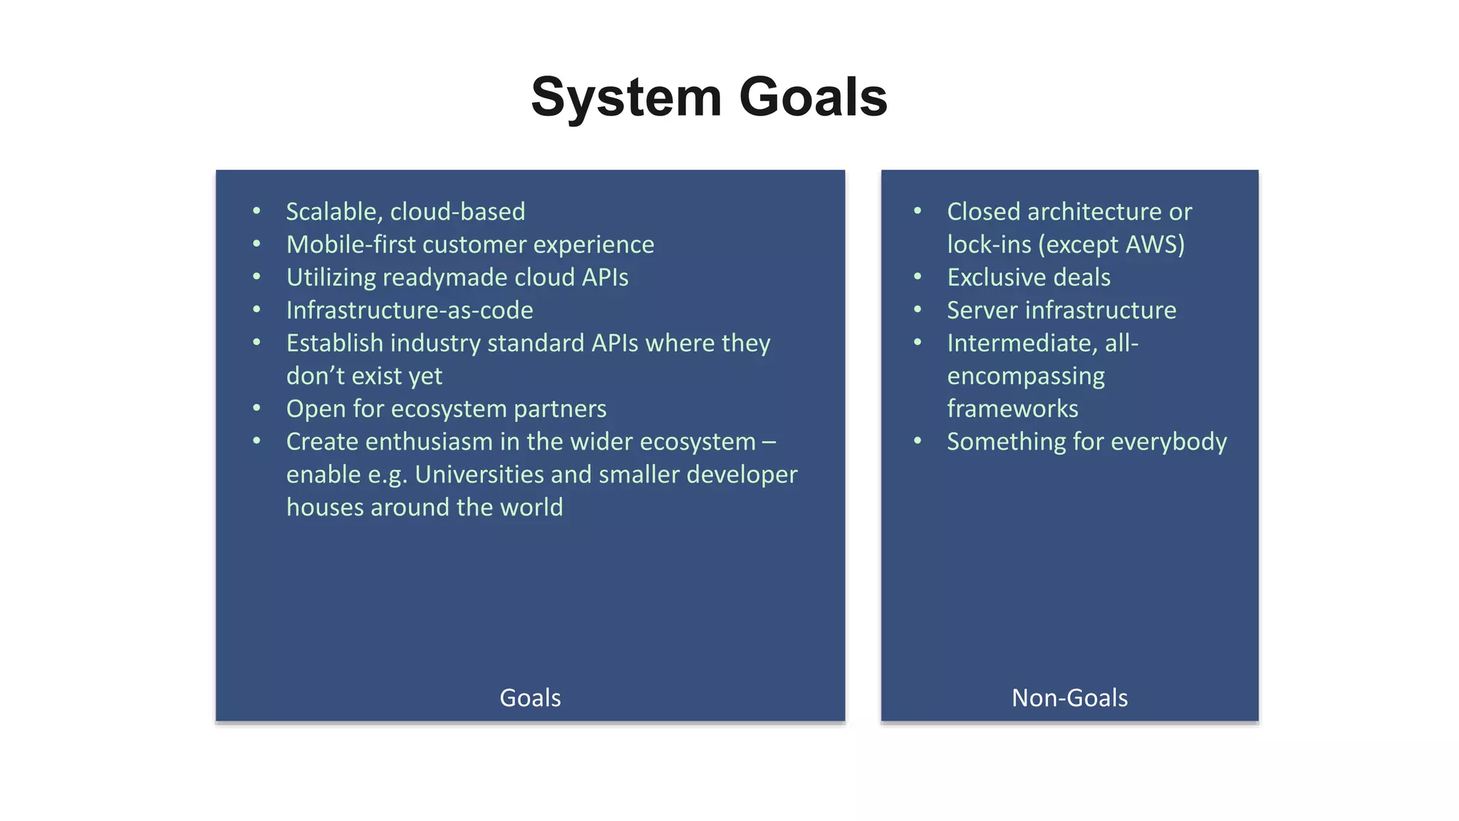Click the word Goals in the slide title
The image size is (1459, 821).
point(813,98)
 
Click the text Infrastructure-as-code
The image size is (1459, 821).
point(410,310)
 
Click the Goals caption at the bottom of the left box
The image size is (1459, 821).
point(530,698)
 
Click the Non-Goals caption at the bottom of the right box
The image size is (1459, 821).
point(1069,698)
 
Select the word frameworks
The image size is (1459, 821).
point(1012,409)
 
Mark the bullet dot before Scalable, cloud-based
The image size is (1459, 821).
point(256,211)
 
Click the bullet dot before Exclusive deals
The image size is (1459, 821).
point(918,277)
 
